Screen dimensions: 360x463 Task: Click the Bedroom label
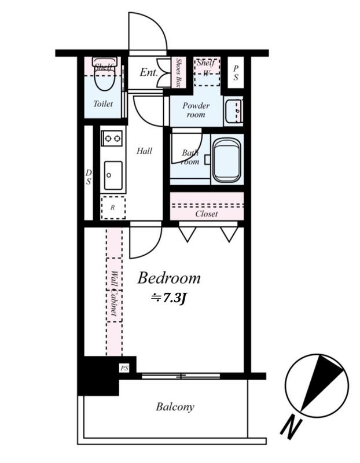point(169,278)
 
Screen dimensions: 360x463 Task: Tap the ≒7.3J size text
point(168,299)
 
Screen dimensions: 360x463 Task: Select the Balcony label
point(175,407)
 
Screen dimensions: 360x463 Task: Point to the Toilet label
point(103,104)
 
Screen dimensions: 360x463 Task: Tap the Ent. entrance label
point(149,72)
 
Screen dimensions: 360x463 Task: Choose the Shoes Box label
point(178,73)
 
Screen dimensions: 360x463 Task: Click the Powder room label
point(196,110)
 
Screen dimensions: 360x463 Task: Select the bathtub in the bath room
point(227,160)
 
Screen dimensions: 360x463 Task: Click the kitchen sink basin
point(113,175)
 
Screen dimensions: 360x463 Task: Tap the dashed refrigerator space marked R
point(113,208)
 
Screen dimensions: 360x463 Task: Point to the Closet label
point(207,214)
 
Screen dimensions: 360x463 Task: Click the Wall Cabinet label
point(114,293)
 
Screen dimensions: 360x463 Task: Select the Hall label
point(145,151)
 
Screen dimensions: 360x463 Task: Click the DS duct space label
point(89,177)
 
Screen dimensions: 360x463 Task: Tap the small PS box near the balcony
point(124,368)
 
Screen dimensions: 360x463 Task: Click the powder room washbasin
point(233,111)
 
